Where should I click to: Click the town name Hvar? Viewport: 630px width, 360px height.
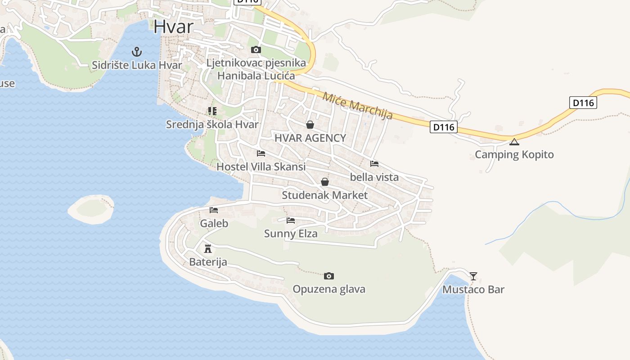173,27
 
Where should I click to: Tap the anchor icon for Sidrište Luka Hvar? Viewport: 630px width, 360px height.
137,52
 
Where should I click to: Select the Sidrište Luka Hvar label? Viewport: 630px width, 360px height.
137,65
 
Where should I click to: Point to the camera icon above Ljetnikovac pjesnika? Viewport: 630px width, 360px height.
256,49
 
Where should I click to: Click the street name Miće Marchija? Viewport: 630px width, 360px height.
357,106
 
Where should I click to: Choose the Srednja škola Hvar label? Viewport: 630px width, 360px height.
212,125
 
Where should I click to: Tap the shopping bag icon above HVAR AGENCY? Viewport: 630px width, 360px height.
310,125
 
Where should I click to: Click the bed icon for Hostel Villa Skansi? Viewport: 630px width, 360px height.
261,153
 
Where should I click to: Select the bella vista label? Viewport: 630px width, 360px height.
374,177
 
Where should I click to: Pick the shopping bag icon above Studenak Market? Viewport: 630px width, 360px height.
325,182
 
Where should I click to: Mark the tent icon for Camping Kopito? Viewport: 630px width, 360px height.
514,142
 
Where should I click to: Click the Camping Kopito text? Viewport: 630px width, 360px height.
514,155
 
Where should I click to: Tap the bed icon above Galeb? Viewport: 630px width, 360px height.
214,210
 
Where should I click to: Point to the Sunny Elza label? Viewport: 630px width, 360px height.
291,234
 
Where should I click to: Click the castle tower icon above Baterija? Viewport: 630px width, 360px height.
208,248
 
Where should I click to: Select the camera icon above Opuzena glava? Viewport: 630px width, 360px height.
329,276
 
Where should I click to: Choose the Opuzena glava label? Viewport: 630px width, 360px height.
329,289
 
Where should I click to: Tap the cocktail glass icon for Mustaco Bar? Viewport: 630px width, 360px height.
473,276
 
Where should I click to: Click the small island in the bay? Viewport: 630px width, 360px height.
91,209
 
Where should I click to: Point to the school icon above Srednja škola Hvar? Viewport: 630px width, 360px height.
212,111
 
